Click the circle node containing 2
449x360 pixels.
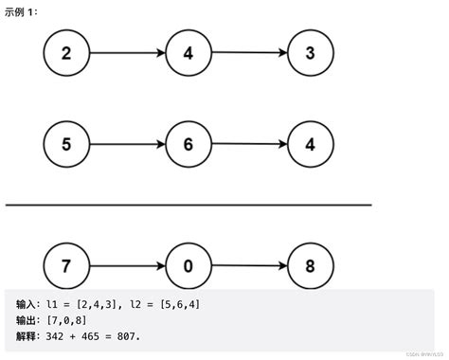click(65, 53)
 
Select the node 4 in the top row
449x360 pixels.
click(188, 53)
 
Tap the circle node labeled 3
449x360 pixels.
click(310, 53)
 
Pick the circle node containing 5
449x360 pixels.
click(65, 144)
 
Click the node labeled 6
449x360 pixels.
click(188, 144)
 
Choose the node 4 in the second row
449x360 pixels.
click(310, 144)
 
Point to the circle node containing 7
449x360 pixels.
click(65, 266)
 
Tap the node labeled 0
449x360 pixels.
click(188, 266)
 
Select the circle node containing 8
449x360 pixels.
click(310, 266)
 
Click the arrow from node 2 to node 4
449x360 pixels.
click(126, 53)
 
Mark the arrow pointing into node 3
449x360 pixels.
click(248, 54)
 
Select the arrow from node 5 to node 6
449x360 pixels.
click(126, 144)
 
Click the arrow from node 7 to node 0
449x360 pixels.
click(126, 266)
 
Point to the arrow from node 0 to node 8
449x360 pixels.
click(248, 267)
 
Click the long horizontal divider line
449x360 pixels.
click(189, 205)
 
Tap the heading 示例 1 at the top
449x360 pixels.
click(22, 10)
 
